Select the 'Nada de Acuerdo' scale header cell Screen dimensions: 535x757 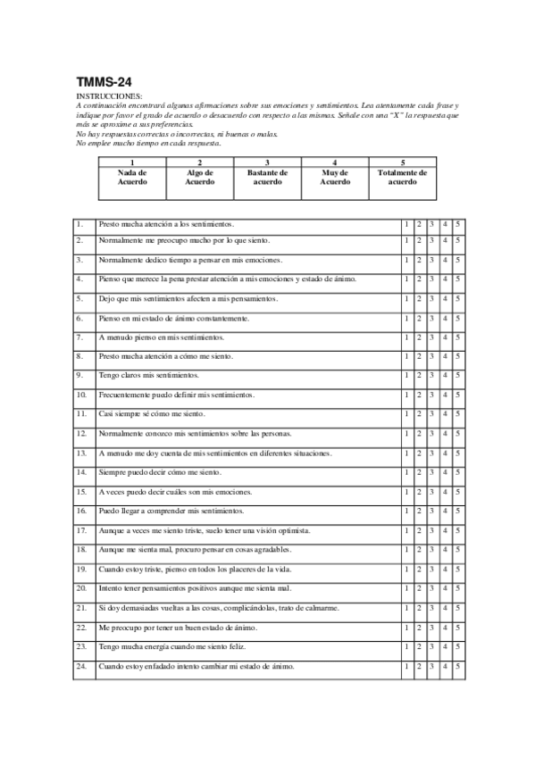tap(131, 177)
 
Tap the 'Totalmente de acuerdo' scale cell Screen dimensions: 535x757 tap(402, 177)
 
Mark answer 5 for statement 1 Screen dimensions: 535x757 tap(456, 223)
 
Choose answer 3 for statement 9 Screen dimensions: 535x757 tap(431, 375)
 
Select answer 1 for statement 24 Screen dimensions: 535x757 tap(406, 666)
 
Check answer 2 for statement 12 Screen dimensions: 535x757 tap(419, 433)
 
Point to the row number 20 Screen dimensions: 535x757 tap(81, 588)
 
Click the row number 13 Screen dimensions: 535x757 tap(81, 453)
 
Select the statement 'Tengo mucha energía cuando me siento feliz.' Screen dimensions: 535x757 tap(165, 646)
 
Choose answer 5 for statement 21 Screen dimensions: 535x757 tap(456, 607)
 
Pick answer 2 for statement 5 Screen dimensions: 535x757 tap(419, 298)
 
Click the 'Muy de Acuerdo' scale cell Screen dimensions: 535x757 tap(334, 177)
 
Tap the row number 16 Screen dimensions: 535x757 tap(81, 511)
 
